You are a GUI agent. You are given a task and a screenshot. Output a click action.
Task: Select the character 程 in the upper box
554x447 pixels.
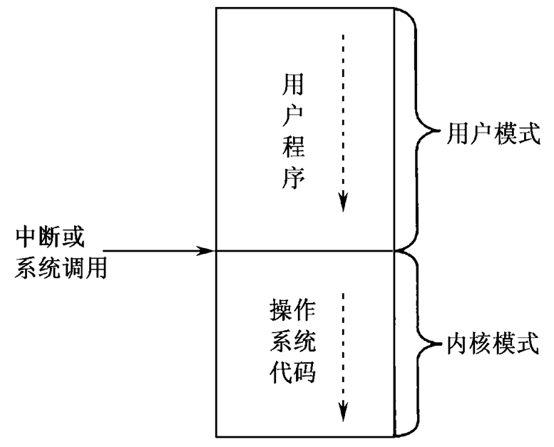click(x=294, y=148)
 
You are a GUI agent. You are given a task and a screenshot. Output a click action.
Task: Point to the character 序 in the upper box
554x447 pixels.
click(x=294, y=178)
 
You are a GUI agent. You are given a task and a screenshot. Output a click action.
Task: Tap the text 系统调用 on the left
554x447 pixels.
click(x=61, y=267)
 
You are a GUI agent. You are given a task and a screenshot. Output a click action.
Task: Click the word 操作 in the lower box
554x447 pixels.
click(x=292, y=312)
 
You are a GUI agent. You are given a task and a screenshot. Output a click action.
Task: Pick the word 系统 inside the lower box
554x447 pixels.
click(x=292, y=342)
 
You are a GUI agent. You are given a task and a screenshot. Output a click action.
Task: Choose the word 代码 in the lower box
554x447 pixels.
click(x=292, y=372)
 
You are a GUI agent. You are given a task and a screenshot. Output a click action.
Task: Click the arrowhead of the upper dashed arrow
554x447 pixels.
click(x=343, y=202)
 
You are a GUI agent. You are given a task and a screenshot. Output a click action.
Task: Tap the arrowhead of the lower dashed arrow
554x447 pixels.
click(x=343, y=413)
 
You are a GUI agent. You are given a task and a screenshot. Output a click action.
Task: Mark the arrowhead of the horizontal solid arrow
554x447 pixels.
click(x=207, y=250)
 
